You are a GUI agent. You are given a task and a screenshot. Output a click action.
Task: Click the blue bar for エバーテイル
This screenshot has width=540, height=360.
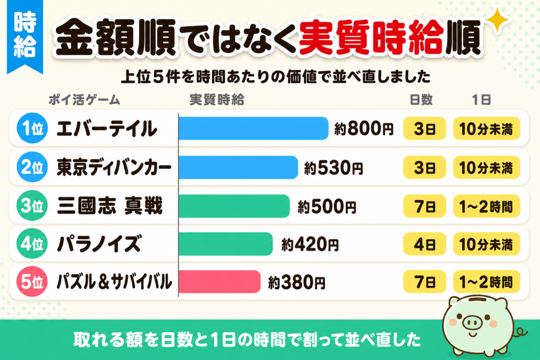pyautogui.click(x=254, y=129)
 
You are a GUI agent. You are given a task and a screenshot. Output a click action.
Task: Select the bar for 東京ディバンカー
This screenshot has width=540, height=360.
pyautogui.click(x=238, y=167)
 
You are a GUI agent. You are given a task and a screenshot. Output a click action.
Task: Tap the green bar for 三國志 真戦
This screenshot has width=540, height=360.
pyautogui.click(x=234, y=206)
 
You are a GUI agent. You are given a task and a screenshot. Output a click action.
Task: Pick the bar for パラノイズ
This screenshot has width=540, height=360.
pyautogui.click(x=226, y=244)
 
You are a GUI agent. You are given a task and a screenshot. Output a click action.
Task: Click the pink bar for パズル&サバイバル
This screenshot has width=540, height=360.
pyautogui.click(x=220, y=282)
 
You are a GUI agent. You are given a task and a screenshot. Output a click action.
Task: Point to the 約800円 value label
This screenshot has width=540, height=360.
pyautogui.click(x=364, y=129)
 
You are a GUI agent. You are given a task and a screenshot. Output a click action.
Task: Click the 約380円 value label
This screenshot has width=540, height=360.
pyautogui.click(x=296, y=283)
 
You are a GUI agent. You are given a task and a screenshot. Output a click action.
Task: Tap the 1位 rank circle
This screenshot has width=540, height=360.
pyautogui.click(x=32, y=128)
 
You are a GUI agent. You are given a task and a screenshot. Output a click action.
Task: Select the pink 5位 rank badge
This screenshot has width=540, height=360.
pyautogui.click(x=32, y=281)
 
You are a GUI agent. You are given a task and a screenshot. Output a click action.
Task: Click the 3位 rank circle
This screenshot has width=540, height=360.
pyautogui.click(x=32, y=206)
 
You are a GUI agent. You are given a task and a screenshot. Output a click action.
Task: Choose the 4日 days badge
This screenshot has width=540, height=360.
pyautogui.click(x=425, y=244)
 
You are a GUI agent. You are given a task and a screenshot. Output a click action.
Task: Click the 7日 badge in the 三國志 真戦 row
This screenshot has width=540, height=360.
pyautogui.click(x=425, y=206)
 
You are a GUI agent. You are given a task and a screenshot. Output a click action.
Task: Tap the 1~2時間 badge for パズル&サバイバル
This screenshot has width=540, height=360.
pyautogui.click(x=486, y=282)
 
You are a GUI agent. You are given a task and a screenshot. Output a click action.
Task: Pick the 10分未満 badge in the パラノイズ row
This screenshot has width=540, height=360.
pyautogui.click(x=486, y=244)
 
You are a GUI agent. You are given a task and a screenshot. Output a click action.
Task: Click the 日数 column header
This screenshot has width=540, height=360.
pyautogui.click(x=421, y=100)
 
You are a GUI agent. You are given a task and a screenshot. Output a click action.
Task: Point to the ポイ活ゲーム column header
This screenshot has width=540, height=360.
pyautogui.click(x=84, y=100)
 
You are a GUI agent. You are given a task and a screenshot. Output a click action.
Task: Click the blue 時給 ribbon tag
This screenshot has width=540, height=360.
pyautogui.click(x=25, y=36)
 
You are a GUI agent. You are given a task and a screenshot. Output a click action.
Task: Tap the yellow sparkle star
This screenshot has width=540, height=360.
pyautogui.click(x=497, y=21)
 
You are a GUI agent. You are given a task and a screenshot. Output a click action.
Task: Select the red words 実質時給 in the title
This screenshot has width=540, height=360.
pyautogui.click(x=371, y=37)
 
